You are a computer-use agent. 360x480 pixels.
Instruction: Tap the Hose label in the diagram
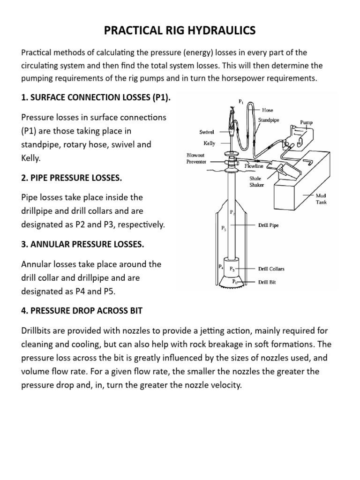[x=268, y=110]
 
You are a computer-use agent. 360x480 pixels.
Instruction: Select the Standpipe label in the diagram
[x=269, y=120]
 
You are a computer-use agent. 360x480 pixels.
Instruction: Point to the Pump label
[x=307, y=122]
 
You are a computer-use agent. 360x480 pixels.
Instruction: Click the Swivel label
[x=207, y=132]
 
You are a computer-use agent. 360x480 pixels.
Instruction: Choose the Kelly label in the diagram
[x=209, y=143]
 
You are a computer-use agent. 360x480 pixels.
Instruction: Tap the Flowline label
[x=254, y=166]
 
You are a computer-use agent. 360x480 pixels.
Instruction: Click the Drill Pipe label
[x=269, y=225]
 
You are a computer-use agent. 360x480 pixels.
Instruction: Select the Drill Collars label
[x=271, y=269]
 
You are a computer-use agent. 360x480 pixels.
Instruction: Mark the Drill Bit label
[x=267, y=283]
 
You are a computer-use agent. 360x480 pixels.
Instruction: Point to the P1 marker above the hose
[x=241, y=100]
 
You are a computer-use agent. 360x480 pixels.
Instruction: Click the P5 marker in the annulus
[x=224, y=229]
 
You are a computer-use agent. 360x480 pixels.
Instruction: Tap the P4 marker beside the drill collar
[x=221, y=267]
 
